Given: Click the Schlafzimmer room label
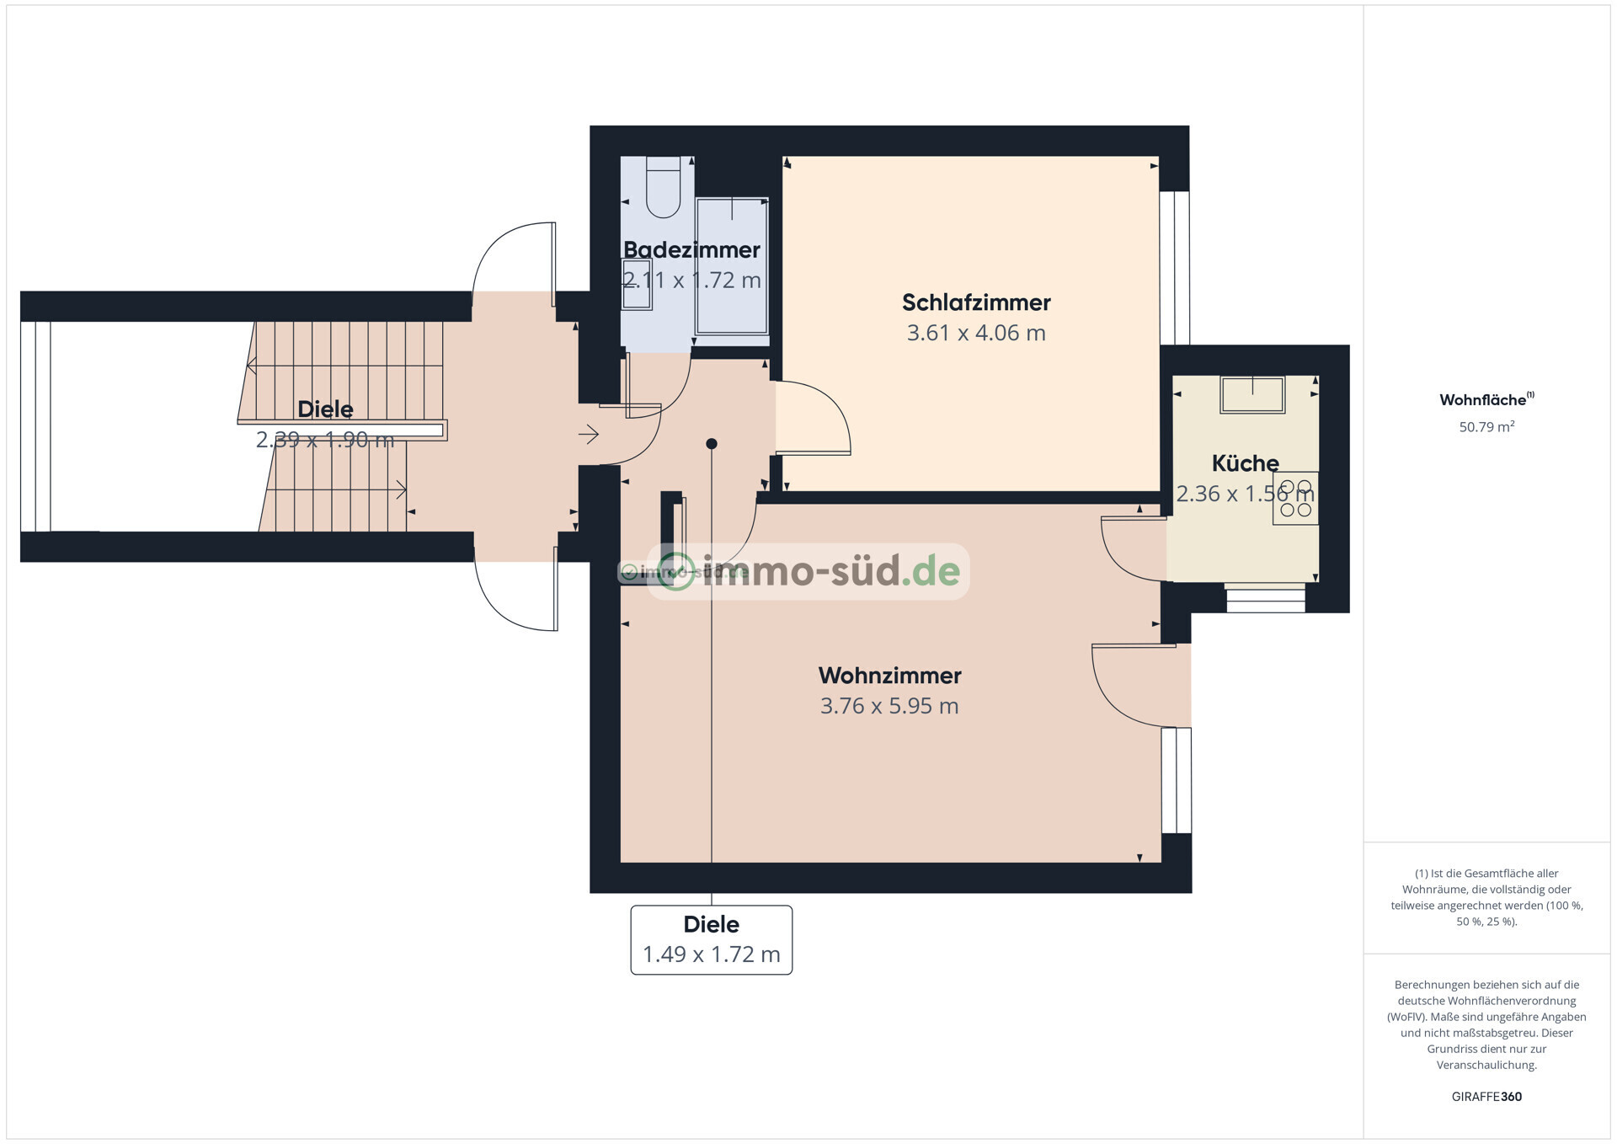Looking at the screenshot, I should pyautogui.click(x=975, y=302).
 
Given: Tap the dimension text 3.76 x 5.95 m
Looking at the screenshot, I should pyautogui.click(x=889, y=706).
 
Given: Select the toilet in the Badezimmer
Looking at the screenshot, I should pyautogui.click(x=663, y=188).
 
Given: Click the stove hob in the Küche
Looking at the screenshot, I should pyautogui.click(x=1295, y=499).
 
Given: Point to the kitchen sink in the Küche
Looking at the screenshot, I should pyautogui.click(x=1252, y=395).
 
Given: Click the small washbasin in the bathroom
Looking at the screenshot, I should pyautogui.click(x=637, y=285).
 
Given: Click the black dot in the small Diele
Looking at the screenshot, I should pyautogui.click(x=712, y=444).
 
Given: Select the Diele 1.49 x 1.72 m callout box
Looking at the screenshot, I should pyautogui.click(x=712, y=940).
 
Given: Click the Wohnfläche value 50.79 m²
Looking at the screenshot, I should pyautogui.click(x=1486, y=427).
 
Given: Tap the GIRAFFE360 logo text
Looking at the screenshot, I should pyautogui.click(x=1486, y=1097).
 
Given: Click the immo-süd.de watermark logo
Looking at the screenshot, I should pyautogui.click(x=808, y=571).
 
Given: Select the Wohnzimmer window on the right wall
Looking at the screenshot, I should pyautogui.click(x=1177, y=780).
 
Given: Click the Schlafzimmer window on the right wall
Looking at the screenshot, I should pyautogui.click(x=1175, y=268).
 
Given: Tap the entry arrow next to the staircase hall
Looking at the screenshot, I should pyautogui.click(x=588, y=435).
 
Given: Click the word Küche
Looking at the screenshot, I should pyautogui.click(x=1245, y=463).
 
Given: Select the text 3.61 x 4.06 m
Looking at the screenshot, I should pyautogui.click(x=975, y=333).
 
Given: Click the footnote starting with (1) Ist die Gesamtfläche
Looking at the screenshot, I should pyautogui.click(x=1486, y=897).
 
